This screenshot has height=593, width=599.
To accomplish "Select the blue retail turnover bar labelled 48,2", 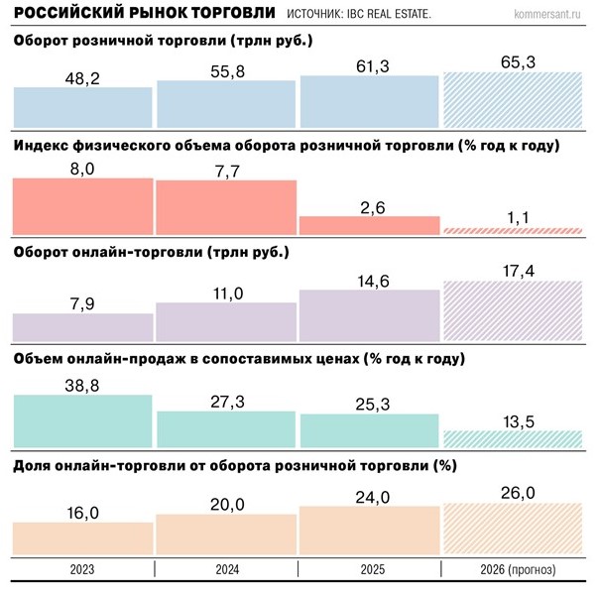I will [x=83, y=103].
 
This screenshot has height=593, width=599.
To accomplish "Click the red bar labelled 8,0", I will [x=83, y=206].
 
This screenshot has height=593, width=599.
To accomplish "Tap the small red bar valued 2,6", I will [x=369, y=225].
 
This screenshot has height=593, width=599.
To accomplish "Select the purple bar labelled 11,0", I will [x=226, y=322].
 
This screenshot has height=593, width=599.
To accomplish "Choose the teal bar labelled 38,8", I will [x=83, y=420].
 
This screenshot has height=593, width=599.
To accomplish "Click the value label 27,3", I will [x=226, y=398].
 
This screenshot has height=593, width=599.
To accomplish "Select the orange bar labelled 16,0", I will [x=83, y=537].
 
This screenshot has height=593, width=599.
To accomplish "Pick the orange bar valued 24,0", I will [x=369, y=530].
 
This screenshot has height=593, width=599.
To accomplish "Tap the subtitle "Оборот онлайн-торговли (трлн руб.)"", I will [x=152, y=252].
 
